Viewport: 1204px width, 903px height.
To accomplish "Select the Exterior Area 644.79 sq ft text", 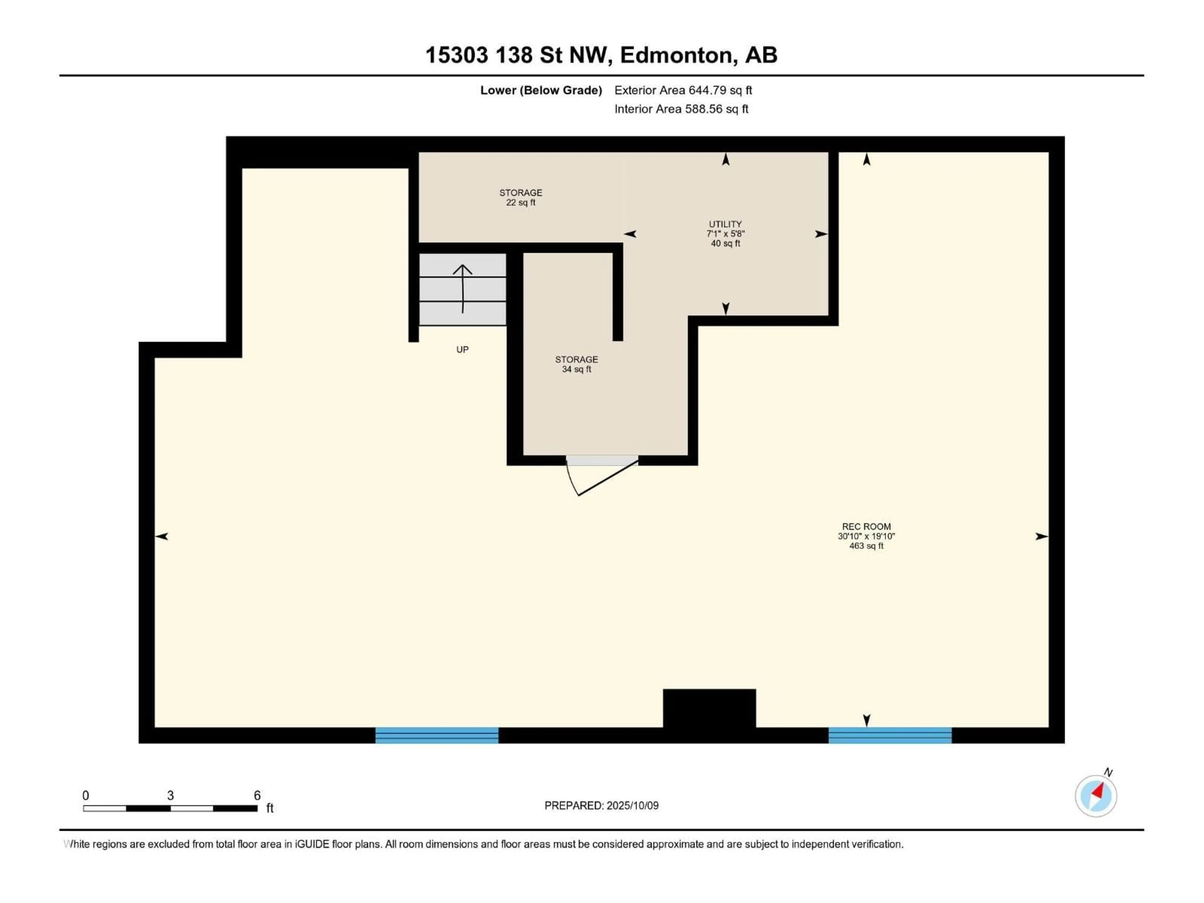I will (x=683, y=90).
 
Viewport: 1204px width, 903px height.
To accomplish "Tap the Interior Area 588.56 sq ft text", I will (x=681, y=109).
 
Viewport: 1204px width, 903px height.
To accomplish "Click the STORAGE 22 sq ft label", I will (x=520, y=197).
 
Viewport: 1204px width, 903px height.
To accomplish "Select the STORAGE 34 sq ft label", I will (x=576, y=364).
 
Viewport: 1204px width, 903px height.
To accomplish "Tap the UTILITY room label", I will (x=725, y=233).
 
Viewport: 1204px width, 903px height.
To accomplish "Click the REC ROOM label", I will (x=866, y=536).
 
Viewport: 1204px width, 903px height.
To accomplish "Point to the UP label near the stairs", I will (x=462, y=350).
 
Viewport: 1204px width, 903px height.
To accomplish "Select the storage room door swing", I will (x=599, y=476).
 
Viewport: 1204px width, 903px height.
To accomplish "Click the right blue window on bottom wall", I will (x=890, y=735).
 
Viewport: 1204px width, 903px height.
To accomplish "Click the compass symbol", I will (x=1096, y=795).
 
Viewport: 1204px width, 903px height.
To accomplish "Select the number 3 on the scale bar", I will (x=170, y=795).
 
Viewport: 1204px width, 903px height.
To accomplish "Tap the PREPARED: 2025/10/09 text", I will (x=601, y=805).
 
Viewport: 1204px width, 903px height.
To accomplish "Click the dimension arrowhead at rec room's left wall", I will (x=162, y=536).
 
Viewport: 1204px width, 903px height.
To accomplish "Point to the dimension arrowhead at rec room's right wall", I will (x=1041, y=536).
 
